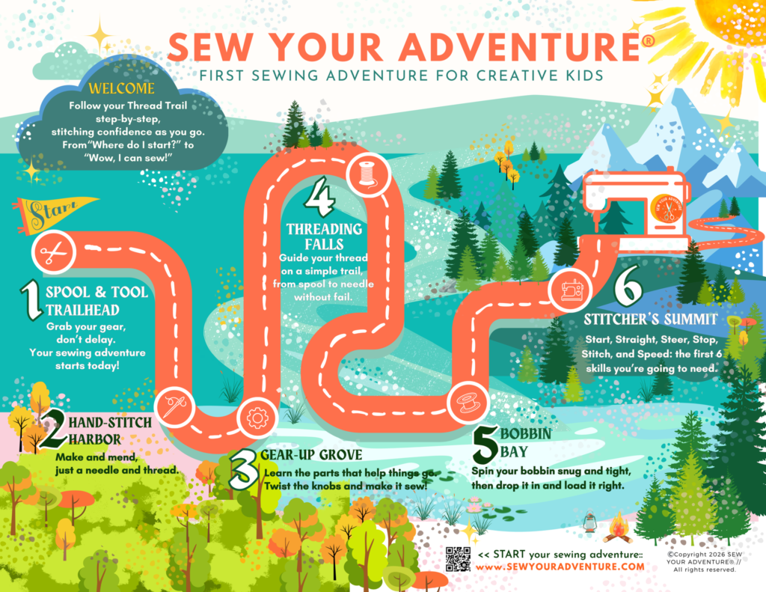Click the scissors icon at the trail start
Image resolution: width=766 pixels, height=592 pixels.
tap(53, 253)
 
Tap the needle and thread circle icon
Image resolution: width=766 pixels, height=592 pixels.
tap(175, 406)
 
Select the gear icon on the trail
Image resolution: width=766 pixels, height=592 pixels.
tap(257, 418)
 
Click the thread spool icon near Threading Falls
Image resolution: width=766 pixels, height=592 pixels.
tap(368, 175)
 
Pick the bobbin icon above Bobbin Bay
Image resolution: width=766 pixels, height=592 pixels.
tap(468, 403)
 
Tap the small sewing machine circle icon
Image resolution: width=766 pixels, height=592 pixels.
tap(571, 290)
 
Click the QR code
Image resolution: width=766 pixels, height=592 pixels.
tap(459, 559)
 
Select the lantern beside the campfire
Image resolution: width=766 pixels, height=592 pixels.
tap(590, 522)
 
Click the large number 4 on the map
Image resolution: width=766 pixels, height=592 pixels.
tap(320, 197)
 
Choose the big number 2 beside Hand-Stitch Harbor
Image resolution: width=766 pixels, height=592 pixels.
tap(53, 429)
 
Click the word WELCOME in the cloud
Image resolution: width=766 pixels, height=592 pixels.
tap(122, 88)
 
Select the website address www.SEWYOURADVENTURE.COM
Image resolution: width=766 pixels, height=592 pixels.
tap(560, 567)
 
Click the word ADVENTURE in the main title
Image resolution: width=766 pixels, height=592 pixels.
tap(520, 48)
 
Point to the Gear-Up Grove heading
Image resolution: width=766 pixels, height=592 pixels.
tap(311, 455)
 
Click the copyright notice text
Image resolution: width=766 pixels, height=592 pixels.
tap(704, 562)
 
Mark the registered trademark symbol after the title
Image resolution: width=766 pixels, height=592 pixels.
tap(649, 41)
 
